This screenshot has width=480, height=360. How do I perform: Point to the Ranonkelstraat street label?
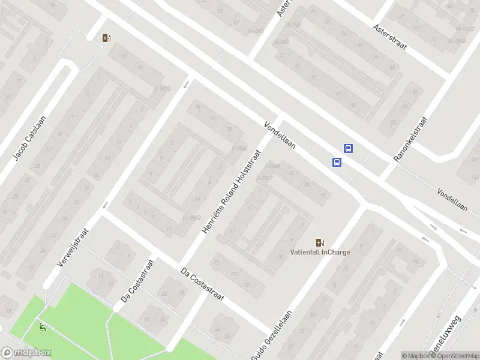pyautogui.click(x=410, y=139)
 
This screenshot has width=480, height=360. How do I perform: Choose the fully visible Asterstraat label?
pyautogui.click(x=389, y=37)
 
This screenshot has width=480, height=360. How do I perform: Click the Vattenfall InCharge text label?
pyautogui.click(x=320, y=252)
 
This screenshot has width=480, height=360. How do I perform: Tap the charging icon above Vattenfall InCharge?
pyautogui.click(x=320, y=242)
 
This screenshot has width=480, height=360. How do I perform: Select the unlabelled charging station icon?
pyautogui.click(x=106, y=38)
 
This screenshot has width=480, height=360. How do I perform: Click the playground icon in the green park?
pyautogui.click(x=41, y=328)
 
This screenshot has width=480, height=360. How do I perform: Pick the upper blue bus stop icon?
pyautogui.click(x=348, y=148)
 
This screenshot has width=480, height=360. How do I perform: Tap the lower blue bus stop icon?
pyautogui.click(x=337, y=162)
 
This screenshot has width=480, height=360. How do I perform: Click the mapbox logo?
pyautogui.click(x=26, y=353)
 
